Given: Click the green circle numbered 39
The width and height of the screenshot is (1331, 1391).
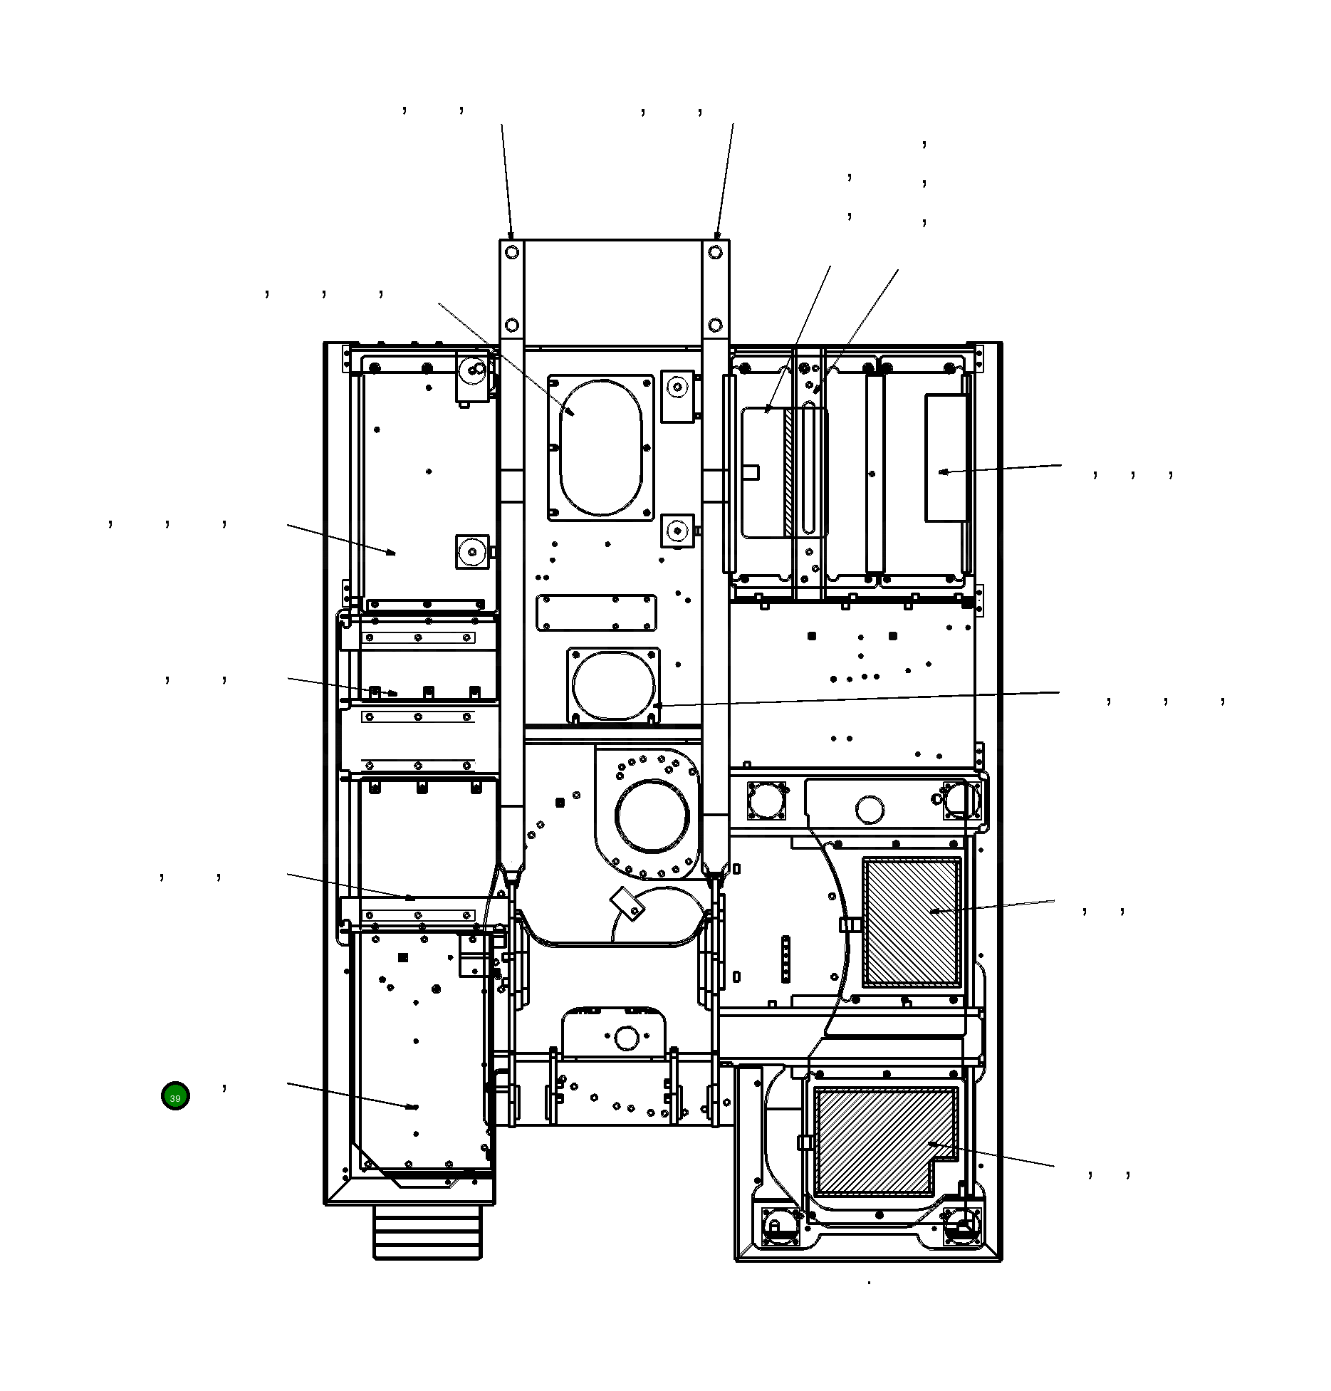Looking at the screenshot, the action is (x=175, y=1096).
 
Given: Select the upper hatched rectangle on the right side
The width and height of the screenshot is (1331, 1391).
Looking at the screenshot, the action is (x=912, y=922).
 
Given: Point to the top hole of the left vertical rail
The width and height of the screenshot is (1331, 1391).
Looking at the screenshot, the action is (x=511, y=252).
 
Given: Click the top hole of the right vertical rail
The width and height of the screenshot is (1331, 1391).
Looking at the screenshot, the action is (x=715, y=252).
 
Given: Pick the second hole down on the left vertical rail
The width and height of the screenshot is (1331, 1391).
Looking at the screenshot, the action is (x=511, y=325).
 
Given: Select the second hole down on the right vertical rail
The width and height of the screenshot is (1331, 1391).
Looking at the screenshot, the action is (x=715, y=325).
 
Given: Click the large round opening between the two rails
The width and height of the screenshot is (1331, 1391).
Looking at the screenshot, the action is (x=652, y=816).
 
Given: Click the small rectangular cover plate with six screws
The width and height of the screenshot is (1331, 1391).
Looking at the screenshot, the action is (x=596, y=613).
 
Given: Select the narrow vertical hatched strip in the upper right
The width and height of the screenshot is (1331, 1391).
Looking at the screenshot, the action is (x=788, y=472).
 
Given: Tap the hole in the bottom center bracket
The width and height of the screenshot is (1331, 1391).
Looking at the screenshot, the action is (x=626, y=1038).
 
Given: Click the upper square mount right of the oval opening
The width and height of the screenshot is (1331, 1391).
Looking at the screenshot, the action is (x=677, y=395).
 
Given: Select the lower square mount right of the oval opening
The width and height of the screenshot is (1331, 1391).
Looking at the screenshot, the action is (x=677, y=531).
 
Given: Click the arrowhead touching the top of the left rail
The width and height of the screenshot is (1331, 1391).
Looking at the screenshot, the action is (x=510, y=235).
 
